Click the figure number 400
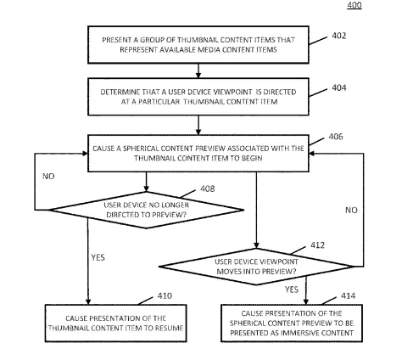[354, 5]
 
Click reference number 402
[339, 36]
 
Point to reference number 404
[339, 87]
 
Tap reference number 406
[336, 137]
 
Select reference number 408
[208, 188]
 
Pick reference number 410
[165, 295]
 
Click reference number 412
[318, 245]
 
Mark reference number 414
[348, 295]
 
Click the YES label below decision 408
[98, 257]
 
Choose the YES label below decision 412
[292, 290]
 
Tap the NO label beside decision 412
[351, 210]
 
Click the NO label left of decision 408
[48, 177]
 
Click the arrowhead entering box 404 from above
[198, 76]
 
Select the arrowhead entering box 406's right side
[312, 154]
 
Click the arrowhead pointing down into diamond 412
[256, 245]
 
